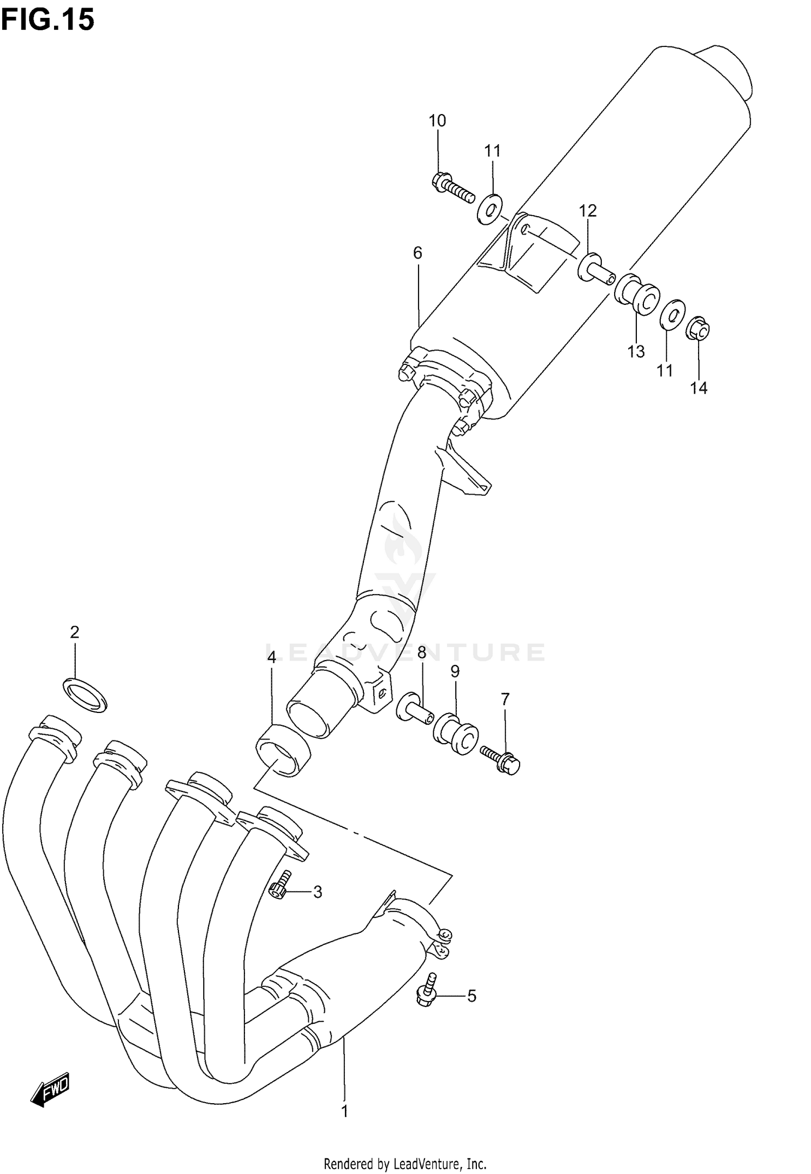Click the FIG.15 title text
[48, 20]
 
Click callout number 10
[437, 121]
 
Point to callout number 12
[588, 211]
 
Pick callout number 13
[636, 352]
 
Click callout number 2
[74, 632]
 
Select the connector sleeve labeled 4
[282, 751]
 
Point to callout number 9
[455, 672]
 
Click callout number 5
[471, 996]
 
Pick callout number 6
[417, 253]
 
